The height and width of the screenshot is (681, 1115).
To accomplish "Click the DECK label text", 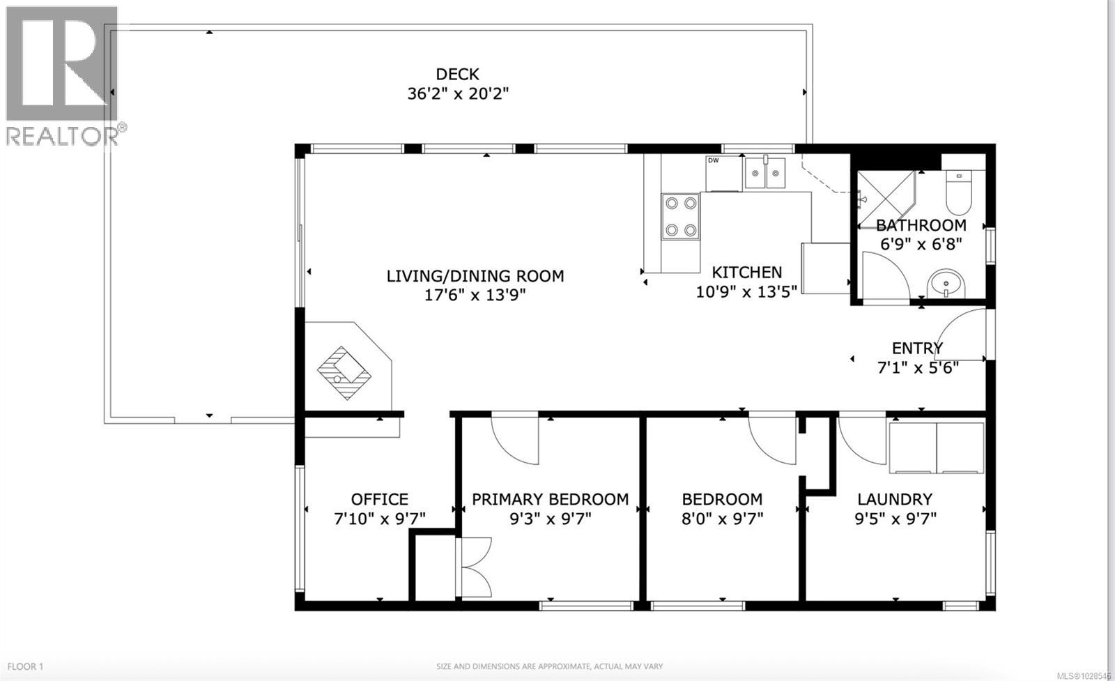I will pos(457,74).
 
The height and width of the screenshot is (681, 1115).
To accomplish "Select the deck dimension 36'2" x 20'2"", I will pos(458,93).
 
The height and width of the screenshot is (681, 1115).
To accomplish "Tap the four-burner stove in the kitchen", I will pos(680,217).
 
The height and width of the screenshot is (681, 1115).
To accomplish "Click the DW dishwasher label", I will pos(713,161).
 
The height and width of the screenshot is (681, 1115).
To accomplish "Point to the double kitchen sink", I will pos(764,174).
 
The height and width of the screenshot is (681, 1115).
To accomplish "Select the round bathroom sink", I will pos(946,284).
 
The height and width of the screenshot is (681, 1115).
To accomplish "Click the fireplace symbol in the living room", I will pos(345,372).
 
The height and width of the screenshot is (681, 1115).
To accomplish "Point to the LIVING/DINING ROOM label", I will pos(475,276).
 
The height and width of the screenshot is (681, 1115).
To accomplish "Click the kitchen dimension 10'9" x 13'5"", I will pos(746,291).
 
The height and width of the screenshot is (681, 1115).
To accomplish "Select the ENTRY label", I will pos(917,348).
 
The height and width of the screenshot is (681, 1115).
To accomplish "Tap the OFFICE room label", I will pos(379,499).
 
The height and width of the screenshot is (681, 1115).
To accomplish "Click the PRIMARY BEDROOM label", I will pos(550,499).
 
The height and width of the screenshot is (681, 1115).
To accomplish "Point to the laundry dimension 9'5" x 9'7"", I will pos(895,519).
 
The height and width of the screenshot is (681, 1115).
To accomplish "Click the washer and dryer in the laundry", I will pos(936,447).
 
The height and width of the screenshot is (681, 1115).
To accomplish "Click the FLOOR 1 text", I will pos(26,666).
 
